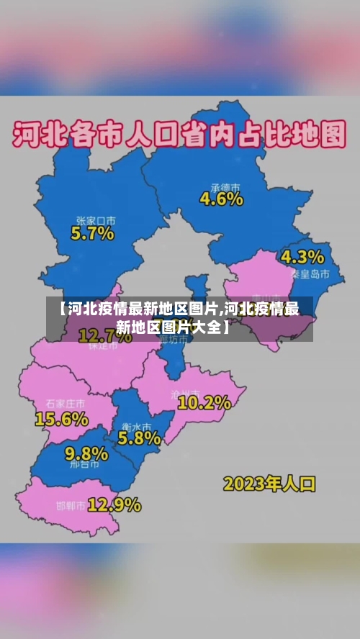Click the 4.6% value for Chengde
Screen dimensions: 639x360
click(221, 199)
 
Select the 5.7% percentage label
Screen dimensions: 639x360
click(92, 233)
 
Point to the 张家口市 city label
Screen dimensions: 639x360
click(96, 220)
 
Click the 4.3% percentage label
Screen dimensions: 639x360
click(302, 257)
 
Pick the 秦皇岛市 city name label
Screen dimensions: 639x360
click(310, 274)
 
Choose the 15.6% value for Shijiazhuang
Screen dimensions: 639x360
click(62, 418)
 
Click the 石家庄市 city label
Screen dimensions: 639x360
click(65, 403)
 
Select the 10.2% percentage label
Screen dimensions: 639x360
click(204, 403)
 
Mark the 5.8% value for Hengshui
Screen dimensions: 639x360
click(139, 437)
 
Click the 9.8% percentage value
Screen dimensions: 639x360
click(86, 453)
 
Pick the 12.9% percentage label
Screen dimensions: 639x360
click(114, 504)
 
